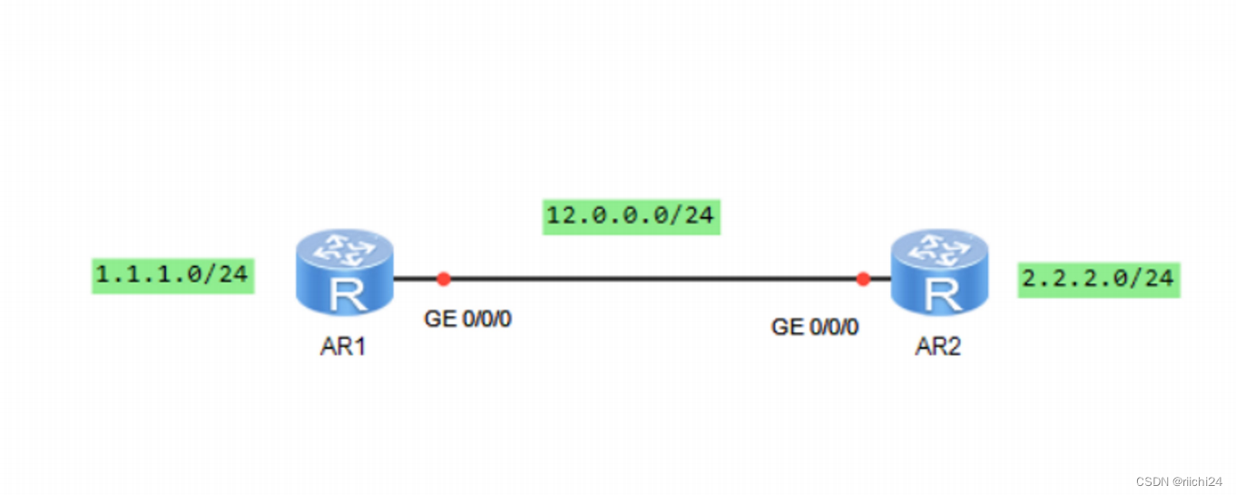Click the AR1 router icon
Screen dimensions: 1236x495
pos(345,272)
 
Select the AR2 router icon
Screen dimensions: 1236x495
pos(938,273)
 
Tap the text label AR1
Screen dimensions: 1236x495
pos(343,347)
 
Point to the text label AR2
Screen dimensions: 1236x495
pos(937,347)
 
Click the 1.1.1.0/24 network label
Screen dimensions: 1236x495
pos(172,274)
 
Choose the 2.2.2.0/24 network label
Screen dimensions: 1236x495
pos(1098,279)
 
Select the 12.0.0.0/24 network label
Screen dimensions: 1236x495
pos(632,216)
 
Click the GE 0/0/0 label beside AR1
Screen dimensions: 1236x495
pos(467,319)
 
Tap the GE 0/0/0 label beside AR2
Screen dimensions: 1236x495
pos(814,326)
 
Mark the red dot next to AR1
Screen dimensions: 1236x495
pos(443,279)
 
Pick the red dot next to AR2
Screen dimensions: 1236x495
pos(863,279)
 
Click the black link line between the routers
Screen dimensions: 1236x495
pos(653,279)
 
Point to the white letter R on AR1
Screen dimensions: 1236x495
pos(345,292)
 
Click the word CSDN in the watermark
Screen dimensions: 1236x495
pos(1145,481)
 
